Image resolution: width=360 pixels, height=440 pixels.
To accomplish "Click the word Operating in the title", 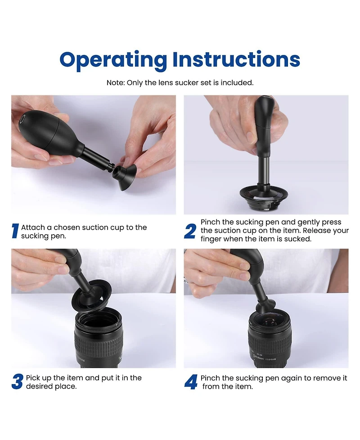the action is tap(113, 60).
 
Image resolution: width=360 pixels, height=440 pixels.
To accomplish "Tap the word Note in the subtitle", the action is tap(116, 83).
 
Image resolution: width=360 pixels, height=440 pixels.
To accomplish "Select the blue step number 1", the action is tap(15, 231).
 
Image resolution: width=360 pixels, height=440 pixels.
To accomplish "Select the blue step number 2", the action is tap(190, 231).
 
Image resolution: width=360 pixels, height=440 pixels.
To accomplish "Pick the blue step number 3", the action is tap(17, 382).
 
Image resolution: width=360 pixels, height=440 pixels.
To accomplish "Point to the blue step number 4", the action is tap(191, 382).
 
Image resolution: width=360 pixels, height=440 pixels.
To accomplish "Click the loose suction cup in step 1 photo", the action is tap(125, 177).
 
